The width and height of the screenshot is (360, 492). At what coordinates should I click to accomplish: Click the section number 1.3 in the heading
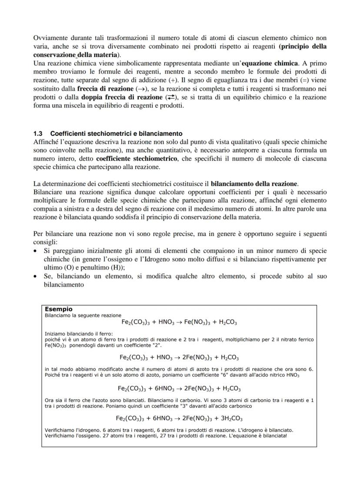[38, 133]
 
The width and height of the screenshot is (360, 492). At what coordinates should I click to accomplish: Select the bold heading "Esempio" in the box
[59, 309]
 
